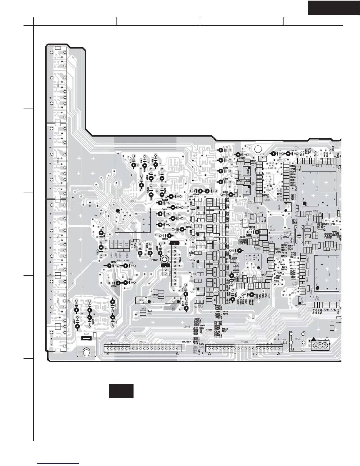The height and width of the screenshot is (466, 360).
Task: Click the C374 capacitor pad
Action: [x=133, y=165]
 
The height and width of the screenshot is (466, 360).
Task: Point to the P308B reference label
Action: [x=155, y=260]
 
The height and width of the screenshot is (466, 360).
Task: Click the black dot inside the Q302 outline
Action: [x=118, y=211]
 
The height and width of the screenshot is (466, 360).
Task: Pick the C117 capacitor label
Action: [x=226, y=147]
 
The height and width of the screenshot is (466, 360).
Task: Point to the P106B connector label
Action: [x=244, y=342]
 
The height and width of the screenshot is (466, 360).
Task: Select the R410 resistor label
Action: [x=155, y=295]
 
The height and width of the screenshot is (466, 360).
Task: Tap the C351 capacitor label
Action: [x=129, y=279]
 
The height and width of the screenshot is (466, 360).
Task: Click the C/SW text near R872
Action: [x=209, y=329]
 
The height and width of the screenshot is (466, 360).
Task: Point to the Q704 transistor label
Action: [x=286, y=237]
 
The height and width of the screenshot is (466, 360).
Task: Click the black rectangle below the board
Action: [x=121, y=391]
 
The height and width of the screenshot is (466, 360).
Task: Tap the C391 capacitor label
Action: [x=284, y=340]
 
